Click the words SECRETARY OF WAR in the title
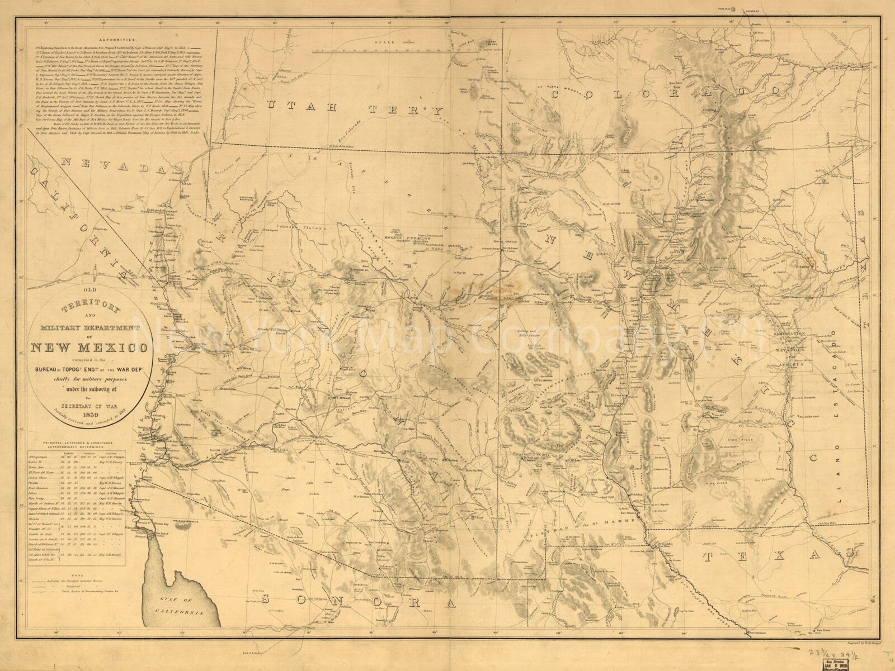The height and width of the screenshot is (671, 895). (89, 407)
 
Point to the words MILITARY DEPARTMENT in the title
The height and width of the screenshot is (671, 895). (89, 327)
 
